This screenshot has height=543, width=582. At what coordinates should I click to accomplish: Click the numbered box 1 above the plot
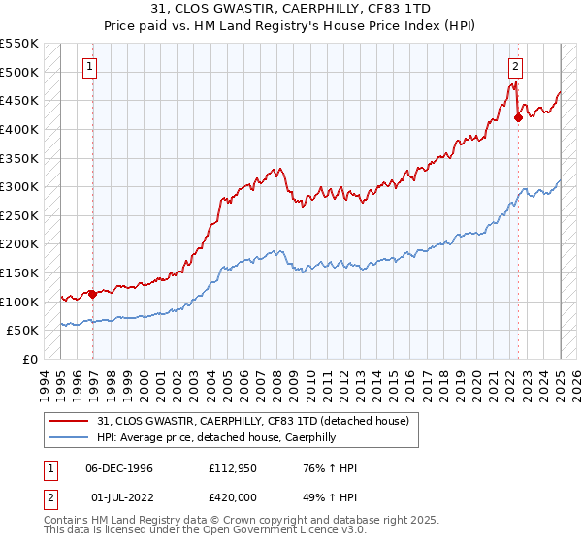pyautogui.click(x=88, y=67)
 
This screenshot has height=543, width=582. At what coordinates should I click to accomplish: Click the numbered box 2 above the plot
pyautogui.click(x=514, y=67)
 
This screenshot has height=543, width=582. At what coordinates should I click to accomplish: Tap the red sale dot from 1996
pyautogui.click(x=93, y=294)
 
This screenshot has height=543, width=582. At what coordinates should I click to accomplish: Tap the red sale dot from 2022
pyautogui.click(x=518, y=118)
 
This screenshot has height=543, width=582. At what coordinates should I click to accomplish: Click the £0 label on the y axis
pyautogui.click(x=30, y=359)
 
